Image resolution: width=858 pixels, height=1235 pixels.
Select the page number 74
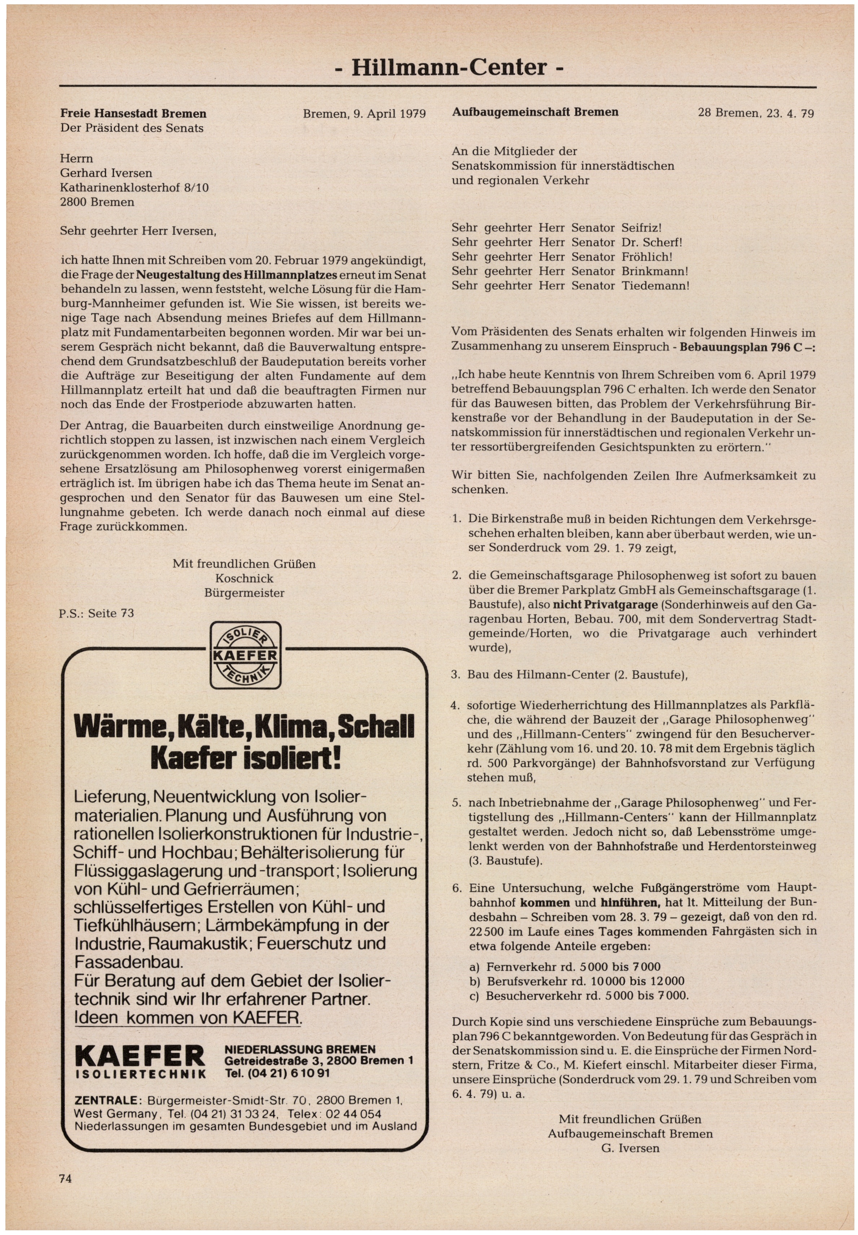click(x=65, y=1179)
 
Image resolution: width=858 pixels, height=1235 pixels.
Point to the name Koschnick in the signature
click(x=244, y=578)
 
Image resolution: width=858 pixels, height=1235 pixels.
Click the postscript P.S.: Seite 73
click(x=97, y=613)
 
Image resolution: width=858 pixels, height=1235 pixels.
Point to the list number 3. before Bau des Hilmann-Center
click(x=456, y=674)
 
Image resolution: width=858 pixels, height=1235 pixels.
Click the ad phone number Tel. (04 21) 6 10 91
click(x=277, y=1073)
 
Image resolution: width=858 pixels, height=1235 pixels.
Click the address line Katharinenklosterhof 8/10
click(x=135, y=188)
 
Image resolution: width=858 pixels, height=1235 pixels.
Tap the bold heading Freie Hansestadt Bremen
click(x=133, y=114)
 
